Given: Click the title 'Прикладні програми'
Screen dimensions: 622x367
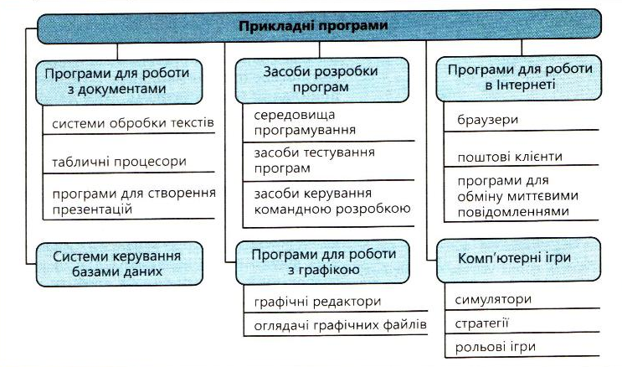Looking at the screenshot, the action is (x=313, y=26).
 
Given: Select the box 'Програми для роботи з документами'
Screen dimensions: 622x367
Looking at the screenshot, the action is (x=119, y=82).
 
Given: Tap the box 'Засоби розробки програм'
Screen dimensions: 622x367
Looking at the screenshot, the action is (x=321, y=80).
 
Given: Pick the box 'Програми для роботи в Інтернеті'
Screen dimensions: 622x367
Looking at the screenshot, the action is (x=518, y=78).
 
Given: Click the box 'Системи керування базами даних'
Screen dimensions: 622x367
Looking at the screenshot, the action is (x=119, y=264).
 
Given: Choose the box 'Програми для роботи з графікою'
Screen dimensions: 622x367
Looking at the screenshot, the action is (x=322, y=261).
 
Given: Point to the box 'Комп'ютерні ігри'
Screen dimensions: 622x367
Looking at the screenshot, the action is (x=518, y=260).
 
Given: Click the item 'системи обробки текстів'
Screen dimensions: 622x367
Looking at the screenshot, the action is (x=133, y=123).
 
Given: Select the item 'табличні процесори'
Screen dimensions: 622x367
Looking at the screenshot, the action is (x=119, y=162).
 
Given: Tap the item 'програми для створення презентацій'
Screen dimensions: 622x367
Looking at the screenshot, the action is (x=134, y=201).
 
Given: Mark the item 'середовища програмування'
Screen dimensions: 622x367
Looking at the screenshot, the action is (x=305, y=122).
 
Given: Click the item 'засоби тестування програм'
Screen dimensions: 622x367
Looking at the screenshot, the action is (x=314, y=160).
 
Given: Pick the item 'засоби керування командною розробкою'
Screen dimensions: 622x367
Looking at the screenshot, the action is (x=332, y=201).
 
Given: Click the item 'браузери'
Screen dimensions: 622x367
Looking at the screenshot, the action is (x=487, y=120).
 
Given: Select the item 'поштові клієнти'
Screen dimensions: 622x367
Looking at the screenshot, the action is (x=510, y=157).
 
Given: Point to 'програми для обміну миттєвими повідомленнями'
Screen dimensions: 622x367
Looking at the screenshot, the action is (x=517, y=196).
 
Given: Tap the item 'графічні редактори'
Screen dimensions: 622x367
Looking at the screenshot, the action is (x=317, y=302).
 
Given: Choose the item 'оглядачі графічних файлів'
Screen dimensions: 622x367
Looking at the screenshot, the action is (x=340, y=325).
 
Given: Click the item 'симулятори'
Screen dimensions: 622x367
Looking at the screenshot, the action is (x=493, y=299).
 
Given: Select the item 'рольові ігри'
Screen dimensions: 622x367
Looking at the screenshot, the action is (x=495, y=347).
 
